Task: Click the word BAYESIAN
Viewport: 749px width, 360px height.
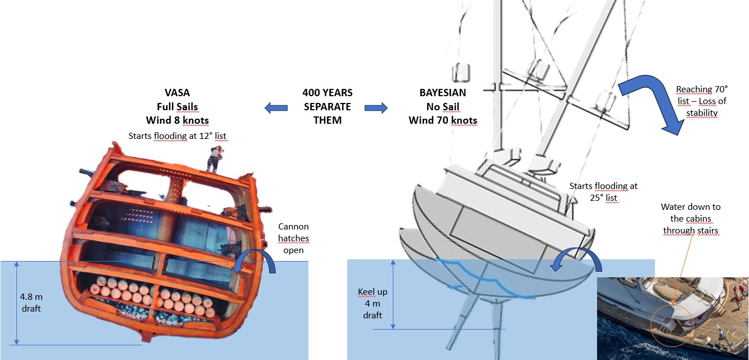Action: coord(442,93)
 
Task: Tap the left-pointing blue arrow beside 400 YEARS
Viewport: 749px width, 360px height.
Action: coord(276,107)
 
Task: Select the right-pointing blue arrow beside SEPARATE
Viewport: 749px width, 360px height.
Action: coord(376,107)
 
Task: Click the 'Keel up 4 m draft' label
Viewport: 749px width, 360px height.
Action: coord(373,303)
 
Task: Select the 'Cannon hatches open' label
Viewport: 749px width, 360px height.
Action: coord(293,238)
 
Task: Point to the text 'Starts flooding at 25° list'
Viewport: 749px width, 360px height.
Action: coord(603,192)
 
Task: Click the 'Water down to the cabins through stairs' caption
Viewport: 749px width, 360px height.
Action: coord(691,219)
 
